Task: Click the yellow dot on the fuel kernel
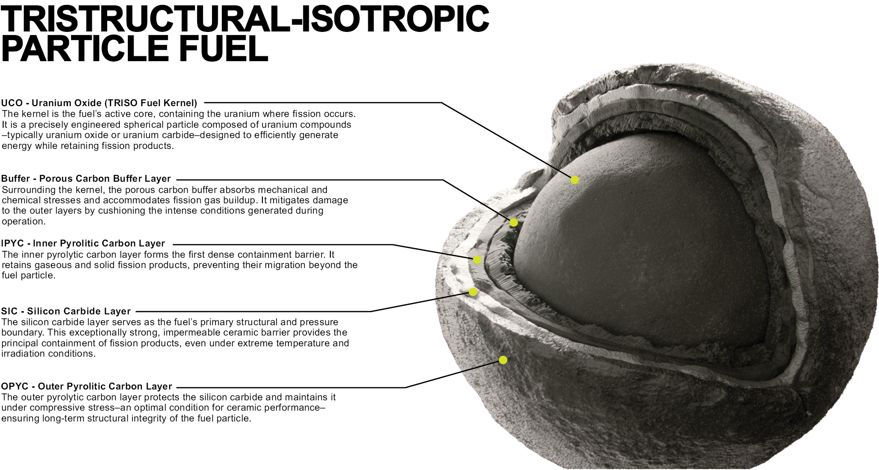(x=575, y=180)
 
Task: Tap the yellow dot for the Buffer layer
(x=514, y=223)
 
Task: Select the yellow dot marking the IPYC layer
(x=477, y=260)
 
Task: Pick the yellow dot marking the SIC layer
(x=473, y=292)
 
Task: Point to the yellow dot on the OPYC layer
(x=503, y=360)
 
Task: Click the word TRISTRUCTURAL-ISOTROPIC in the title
(x=245, y=18)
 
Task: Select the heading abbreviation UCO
(x=12, y=103)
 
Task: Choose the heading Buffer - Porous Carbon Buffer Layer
(x=86, y=179)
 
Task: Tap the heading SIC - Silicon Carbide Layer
(x=66, y=311)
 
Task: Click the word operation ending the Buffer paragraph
(x=24, y=221)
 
